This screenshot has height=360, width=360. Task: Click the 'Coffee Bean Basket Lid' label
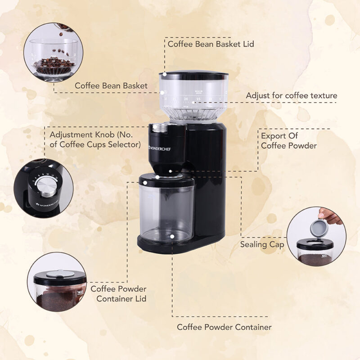click(211, 44)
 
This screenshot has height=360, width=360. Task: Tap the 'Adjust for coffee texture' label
click(291, 96)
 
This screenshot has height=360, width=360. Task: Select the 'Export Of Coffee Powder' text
click(288, 140)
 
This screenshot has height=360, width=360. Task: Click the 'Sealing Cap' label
click(262, 244)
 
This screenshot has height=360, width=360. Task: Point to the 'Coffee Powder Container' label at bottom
click(224, 327)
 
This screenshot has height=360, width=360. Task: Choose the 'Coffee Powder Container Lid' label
click(118, 293)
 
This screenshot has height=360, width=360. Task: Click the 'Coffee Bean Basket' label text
click(111, 85)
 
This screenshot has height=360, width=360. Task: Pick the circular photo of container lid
click(57, 282)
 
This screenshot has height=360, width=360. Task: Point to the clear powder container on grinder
click(167, 211)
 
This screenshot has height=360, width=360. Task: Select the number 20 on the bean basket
click(186, 99)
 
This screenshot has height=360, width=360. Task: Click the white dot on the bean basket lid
click(165, 73)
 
